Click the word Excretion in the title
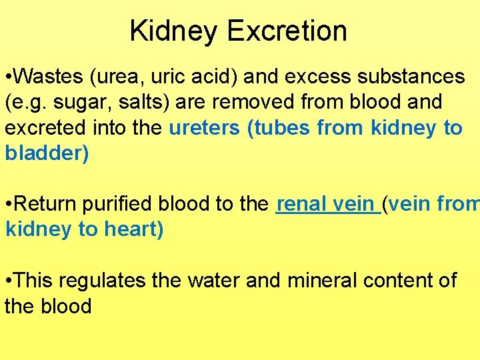(x=287, y=31)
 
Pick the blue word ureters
(x=205, y=128)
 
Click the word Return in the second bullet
(x=47, y=204)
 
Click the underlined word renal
(x=300, y=204)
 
